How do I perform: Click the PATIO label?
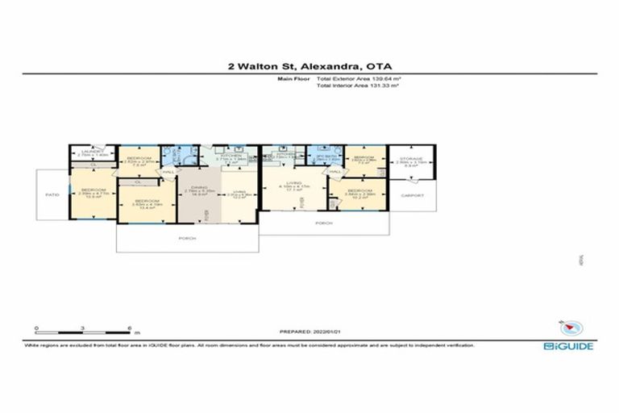pos(52,194)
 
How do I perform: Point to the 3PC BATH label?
pos(321,156)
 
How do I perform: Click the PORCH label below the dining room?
pos(186,238)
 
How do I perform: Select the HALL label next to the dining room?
pos(168,171)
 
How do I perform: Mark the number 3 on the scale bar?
pos(83,329)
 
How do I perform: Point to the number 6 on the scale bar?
pos(130,329)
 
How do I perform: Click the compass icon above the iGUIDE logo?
pos(571,327)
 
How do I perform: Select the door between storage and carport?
pos(409,178)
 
